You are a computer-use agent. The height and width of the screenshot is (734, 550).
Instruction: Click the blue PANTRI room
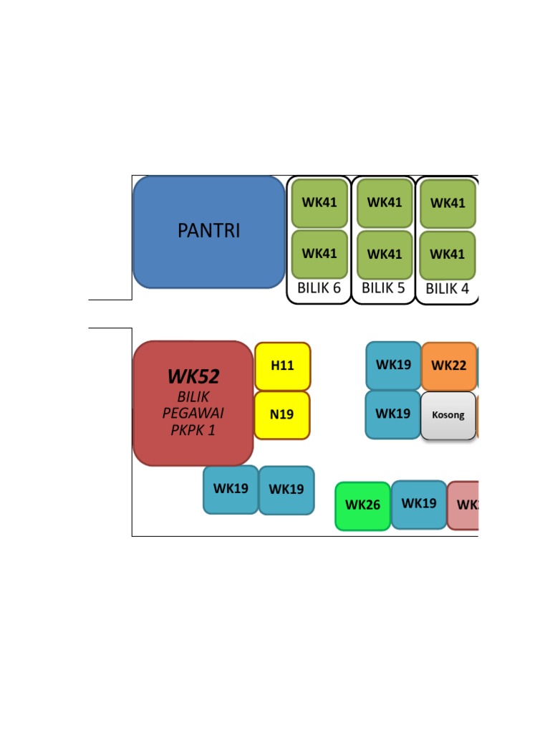(208, 232)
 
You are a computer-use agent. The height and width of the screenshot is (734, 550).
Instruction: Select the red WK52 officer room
(193, 403)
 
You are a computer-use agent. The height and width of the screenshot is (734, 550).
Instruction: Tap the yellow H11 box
(282, 366)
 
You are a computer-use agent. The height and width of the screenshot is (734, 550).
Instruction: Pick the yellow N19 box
(282, 414)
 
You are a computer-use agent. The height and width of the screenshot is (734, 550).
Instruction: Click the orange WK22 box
(449, 366)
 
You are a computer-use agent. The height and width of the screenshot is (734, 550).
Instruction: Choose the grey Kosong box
(448, 415)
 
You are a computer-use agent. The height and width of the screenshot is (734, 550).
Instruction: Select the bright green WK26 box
(362, 505)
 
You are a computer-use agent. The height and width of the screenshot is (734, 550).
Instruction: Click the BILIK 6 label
(319, 288)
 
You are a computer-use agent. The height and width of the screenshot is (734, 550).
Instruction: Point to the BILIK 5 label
(383, 288)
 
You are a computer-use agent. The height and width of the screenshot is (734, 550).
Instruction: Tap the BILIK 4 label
(447, 290)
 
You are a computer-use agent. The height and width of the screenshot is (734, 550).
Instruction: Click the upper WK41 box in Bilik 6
(319, 203)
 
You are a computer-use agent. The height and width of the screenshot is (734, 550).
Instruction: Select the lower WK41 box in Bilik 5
(385, 254)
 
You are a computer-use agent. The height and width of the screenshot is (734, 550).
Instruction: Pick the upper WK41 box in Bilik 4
(448, 204)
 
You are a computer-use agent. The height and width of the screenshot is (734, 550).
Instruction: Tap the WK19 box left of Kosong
(392, 414)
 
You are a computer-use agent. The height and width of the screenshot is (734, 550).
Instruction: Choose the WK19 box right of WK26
(419, 504)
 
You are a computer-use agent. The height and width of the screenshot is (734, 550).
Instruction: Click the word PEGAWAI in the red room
(193, 413)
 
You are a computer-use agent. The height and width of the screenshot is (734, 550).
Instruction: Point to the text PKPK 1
(193, 430)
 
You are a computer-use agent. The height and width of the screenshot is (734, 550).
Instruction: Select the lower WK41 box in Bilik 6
(319, 254)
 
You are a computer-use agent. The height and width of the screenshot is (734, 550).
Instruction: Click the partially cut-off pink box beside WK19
(464, 505)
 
